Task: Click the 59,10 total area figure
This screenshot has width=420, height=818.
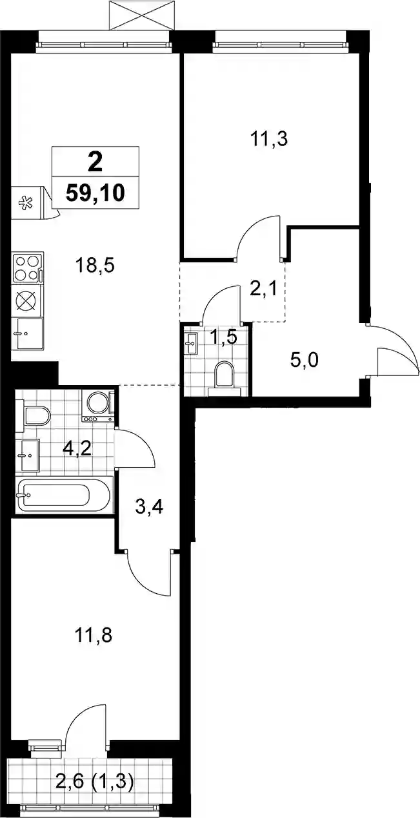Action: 95,193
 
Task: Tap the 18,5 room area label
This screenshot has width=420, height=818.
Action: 95,266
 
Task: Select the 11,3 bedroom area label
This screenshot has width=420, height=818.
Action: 269,139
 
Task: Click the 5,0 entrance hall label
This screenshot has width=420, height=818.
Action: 305,361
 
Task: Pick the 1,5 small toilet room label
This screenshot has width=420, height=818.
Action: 224,337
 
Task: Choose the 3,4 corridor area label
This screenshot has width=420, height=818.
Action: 149,507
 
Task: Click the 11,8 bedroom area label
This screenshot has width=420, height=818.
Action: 94,636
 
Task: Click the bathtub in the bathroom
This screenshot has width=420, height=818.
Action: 64,495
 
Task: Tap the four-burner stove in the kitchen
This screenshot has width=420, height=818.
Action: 28,268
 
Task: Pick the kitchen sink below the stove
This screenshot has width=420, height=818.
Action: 27,333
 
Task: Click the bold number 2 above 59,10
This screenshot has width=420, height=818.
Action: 95,163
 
